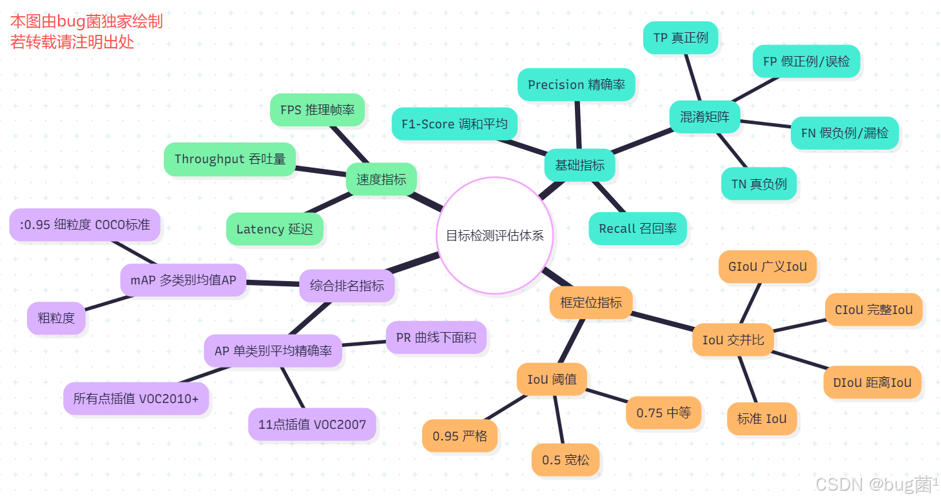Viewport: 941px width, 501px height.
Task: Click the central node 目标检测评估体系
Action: tap(494, 235)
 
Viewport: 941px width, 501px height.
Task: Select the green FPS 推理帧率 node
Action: tap(317, 110)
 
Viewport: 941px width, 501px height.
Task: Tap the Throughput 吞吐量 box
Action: tap(229, 159)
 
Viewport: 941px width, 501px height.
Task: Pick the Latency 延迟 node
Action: tap(275, 229)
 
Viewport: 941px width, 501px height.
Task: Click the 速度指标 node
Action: tap(381, 179)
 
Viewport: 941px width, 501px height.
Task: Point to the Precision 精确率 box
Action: tap(576, 84)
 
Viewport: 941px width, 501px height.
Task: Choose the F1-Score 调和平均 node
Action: tap(454, 124)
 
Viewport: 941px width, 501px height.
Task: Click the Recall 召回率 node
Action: tap(637, 228)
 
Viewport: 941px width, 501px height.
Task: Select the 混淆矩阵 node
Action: tap(704, 117)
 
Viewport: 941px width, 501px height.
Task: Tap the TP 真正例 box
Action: tap(681, 37)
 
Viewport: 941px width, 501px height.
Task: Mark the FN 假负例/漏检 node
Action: tap(844, 133)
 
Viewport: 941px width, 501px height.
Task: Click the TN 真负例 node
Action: tap(759, 184)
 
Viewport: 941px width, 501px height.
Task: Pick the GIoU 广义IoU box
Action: tap(767, 266)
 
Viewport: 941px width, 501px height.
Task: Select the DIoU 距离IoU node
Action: tap(872, 382)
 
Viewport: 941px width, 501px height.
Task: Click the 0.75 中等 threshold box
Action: tap(663, 413)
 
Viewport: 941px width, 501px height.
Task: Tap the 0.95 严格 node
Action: tap(460, 436)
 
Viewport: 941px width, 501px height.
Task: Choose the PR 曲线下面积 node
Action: tap(436, 337)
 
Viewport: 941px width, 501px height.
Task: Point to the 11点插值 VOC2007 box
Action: tap(312, 424)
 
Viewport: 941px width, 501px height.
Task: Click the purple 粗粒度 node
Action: tap(56, 318)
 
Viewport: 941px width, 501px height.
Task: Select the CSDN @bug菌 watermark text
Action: tap(875, 484)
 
